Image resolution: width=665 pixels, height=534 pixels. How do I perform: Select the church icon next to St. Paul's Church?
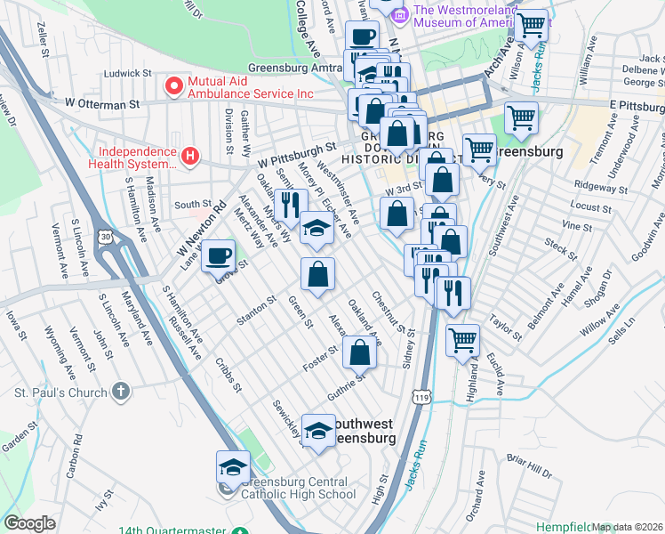tap(122, 390)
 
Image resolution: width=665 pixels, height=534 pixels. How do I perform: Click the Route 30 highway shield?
tap(106, 236)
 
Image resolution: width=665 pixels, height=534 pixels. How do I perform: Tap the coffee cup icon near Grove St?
tap(218, 258)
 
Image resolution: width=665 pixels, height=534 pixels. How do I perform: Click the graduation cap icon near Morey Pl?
tap(316, 228)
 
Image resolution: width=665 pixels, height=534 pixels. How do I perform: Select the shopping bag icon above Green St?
tap(317, 274)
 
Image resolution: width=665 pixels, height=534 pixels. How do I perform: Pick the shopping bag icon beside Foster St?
tap(358, 352)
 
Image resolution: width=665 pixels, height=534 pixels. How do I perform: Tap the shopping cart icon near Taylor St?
tap(462, 340)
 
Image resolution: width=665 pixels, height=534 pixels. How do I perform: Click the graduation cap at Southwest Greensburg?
tap(317, 431)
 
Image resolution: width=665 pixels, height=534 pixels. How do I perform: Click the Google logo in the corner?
tap(29, 523)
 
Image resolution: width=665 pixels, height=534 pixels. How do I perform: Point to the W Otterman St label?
tap(102, 104)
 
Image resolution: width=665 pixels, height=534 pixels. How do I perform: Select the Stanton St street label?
tap(252, 315)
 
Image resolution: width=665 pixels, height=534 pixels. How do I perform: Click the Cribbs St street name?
tap(228, 375)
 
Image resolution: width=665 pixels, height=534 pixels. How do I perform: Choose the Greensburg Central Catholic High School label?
tap(298, 489)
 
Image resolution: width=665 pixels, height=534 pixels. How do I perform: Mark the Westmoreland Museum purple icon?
tap(400, 15)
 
